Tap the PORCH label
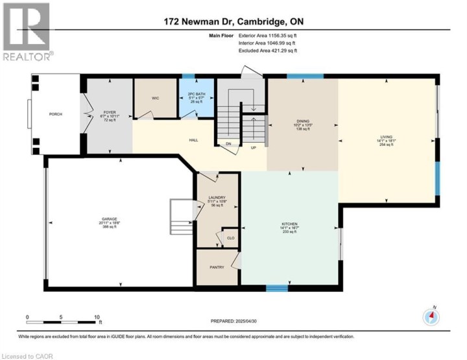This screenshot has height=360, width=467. click(x=56, y=115)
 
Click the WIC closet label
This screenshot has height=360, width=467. click(x=155, y=99)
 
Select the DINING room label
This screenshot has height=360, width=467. click(x=302, y=120)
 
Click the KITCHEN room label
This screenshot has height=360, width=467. click(x=289, y=227)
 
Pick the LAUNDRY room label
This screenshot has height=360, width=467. click(x=217, y=197)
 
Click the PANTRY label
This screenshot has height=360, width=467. click(x=216, y=267)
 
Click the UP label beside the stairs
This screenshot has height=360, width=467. click(x=254, y=148)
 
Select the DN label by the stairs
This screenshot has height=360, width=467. click(x=228, y=144)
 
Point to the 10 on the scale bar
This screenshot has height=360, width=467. click(x=97, y=317)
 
